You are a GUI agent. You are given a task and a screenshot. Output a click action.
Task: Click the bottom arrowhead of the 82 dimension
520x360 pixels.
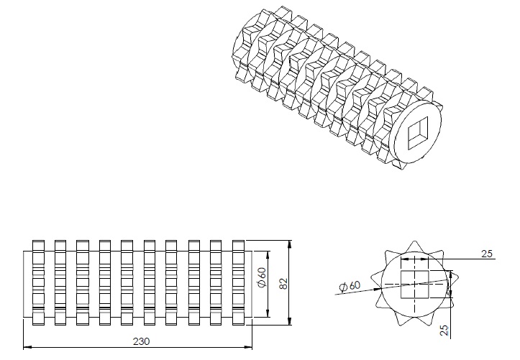pyautogui.click(x=289, y=324)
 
